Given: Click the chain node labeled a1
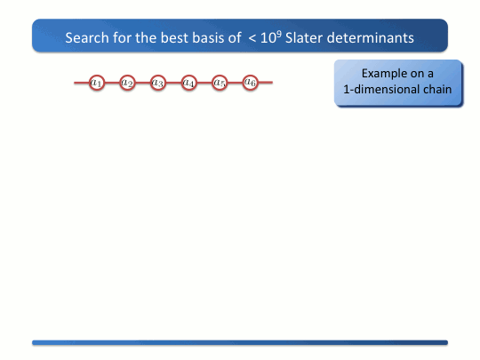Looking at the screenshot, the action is tap(97, 83).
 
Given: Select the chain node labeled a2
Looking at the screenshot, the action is tap(127, 83).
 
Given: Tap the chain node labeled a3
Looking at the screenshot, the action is tap(158, 83).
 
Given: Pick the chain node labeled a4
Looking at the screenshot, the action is tap(188, 83).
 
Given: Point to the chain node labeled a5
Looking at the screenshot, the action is tap(220, 83).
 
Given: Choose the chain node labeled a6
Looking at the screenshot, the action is tap(250, 83).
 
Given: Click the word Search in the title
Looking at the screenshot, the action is tap(87, 38).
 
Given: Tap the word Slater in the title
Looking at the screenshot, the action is tap(304, 38).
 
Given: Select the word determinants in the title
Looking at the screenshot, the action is tap(371, 38).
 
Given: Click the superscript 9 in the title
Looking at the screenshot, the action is tap(279, 34).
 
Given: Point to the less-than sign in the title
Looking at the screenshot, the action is tap(252, 39).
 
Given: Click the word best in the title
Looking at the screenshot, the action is tap(174, 38).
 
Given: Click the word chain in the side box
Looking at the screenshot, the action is tap(437, 90).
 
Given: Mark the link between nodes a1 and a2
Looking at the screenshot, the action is tap(112, 83).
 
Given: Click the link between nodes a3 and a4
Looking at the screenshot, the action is tap(173, 83).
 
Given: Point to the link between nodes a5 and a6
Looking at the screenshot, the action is tap(235, 83).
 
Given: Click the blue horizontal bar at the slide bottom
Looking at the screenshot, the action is tap(240, 342).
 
